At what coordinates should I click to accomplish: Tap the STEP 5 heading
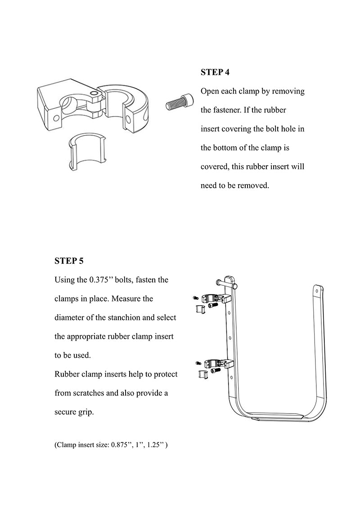click(x=69, y=261)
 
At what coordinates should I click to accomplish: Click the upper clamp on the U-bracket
click(x=213, y=297)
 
